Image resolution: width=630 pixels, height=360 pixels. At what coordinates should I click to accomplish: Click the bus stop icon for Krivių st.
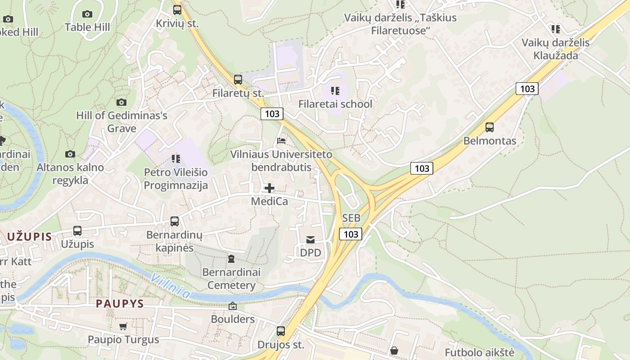point(177,9)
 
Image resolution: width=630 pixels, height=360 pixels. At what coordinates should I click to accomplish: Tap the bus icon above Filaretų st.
point(238,80)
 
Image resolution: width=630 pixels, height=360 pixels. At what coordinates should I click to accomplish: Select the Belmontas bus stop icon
point(490,127)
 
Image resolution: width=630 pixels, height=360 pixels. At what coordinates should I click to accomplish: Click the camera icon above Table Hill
point(87,14)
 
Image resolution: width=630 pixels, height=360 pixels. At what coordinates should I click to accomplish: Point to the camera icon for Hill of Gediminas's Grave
point(121,103)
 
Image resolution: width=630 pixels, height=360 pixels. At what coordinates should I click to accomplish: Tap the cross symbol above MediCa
point(270,188)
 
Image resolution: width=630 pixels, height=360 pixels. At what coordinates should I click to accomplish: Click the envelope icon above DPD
point(310,240)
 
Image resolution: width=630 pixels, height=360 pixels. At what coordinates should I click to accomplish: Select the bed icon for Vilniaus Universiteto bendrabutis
point(281,141)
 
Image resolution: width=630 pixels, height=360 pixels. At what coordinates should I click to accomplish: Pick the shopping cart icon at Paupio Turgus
point(123,326)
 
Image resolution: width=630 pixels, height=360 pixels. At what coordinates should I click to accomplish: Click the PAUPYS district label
point(120,304)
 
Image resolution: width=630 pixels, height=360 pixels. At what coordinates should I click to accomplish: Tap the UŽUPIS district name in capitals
point(29,236)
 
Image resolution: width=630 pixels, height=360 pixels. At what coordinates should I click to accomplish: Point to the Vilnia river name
point(171,286)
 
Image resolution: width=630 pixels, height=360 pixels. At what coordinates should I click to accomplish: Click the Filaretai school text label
point(335,104)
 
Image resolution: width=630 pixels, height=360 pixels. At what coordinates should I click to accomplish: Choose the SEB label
point(351,218)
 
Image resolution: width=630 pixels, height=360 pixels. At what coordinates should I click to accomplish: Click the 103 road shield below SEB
point(351,234)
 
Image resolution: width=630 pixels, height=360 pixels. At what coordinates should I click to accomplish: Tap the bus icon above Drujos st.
point(281,331)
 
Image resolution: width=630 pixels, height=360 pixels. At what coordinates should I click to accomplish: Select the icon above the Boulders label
point(233,306)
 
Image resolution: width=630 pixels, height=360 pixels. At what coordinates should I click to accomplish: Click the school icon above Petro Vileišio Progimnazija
point(175,159)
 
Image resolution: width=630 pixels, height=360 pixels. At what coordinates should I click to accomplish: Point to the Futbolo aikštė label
point(479,352)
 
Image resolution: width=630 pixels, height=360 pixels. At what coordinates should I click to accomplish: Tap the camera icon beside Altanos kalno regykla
point(70,154)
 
